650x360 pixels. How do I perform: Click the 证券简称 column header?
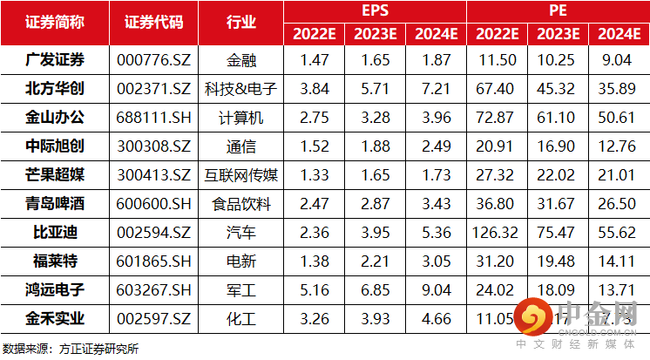pyautogui.click(x=55, y=22)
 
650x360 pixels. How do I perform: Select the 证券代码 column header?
pyautogui.click(x=154, y=22)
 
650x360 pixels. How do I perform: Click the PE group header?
pyautogui.click(x=557, y=11)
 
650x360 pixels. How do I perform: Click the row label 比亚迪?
pyautogui.click(x=55, y=234)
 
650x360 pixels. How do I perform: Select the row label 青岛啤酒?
pyautogui.click(x=55, y=205)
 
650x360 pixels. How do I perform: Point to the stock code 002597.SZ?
pyautogui.click(x=154, y=320)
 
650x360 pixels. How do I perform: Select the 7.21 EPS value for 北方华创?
pyautogui.click(x=436, y=90)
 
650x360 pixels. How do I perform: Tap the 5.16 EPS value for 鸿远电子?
pyautogui.click(x=315, y=291)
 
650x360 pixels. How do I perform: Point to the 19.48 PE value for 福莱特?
pyautogui.click(x=557, y=262)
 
